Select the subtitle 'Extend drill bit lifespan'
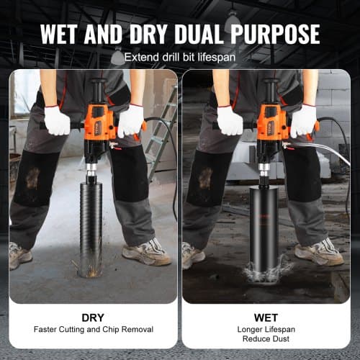click(179, 57)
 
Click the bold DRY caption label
click(93, 316)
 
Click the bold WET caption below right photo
click(266, 316)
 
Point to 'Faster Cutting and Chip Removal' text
click(93, 330)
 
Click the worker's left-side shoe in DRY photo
click(19, 255)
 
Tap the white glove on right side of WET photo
click(303, 120)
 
